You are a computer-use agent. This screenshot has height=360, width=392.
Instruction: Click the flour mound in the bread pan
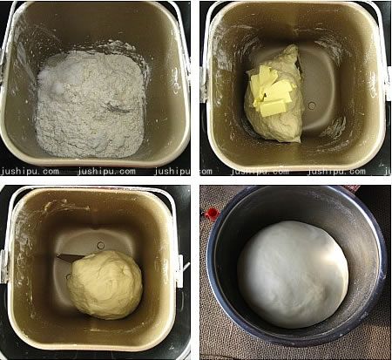click(90, 105)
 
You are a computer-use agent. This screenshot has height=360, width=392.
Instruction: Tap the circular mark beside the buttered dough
click(312, 105)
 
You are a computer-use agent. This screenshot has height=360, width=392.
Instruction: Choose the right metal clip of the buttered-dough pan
click(388, 85)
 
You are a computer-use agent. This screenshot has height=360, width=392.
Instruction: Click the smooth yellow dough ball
click(105, 285)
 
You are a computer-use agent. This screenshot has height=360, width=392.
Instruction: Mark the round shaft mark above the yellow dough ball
click(101, 246)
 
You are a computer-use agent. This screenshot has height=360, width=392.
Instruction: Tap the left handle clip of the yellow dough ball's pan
click(4, 266)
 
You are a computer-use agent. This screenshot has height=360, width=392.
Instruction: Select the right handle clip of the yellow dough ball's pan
click(179, 271)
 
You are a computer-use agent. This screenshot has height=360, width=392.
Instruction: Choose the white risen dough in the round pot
click(293, 275)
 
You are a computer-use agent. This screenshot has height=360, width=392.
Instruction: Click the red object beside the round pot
click(213, 214)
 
